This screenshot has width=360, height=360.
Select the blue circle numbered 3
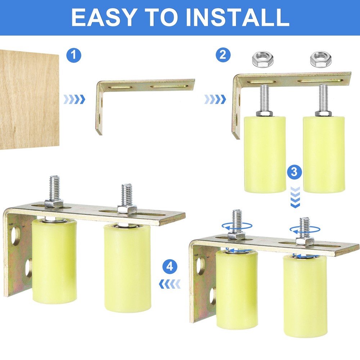tap(294, 172)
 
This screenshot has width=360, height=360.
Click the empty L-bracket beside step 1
tap(144, 86)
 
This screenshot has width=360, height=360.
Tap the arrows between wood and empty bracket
tap(74, 99)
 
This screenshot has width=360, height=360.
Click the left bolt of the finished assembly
tap(54, 191)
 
